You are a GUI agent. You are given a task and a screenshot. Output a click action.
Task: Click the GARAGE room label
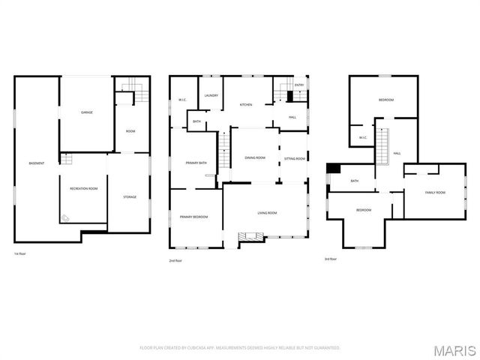tap(87, 112)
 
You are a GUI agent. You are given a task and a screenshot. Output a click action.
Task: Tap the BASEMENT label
tap(36, 163)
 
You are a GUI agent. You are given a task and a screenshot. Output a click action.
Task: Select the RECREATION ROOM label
tap(83, 188)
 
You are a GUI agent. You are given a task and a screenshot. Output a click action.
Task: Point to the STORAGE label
tap(130, 196)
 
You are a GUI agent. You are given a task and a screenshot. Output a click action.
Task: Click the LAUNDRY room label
tap(211, 95)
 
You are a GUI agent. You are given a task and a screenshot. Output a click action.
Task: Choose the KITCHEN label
tap(245, 104)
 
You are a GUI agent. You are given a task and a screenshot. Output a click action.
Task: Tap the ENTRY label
tap(299, 85)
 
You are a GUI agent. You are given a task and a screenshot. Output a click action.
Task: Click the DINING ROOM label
tap(255, 157)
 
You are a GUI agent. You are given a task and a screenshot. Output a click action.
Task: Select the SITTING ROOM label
tap(295, 158)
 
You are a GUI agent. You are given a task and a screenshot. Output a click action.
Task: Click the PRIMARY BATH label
tap(196, 162)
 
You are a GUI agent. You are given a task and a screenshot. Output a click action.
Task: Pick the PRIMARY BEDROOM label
tap(193, 217)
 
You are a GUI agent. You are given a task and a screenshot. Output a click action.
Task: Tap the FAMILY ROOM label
tap(435, 193)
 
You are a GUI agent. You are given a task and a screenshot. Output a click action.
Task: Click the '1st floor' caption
tap(20, 254)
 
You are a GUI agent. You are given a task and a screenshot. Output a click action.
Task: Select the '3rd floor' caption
tap(330, 259)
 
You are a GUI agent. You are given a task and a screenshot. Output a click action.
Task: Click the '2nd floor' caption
tap(175, 260)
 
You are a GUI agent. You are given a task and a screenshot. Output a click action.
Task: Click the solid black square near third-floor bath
tap(333, 169)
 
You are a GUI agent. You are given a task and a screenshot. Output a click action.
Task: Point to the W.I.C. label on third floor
tap(361, 137)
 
